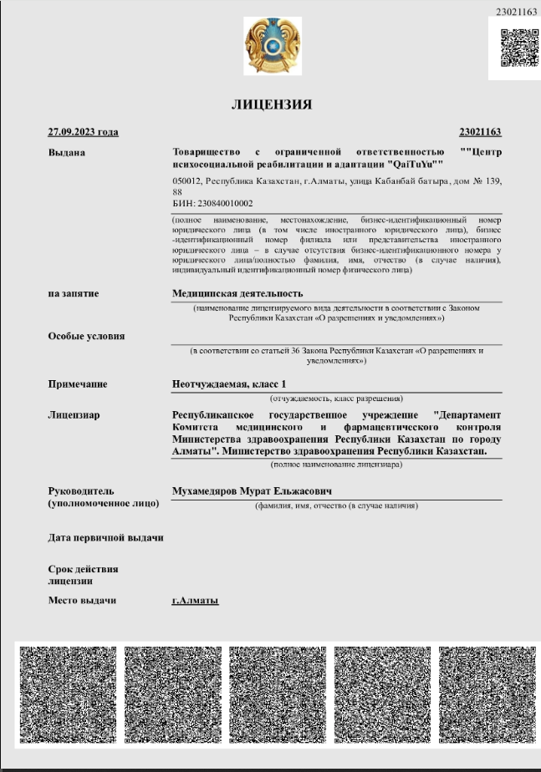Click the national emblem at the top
click(270, 46)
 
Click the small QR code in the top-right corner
click(514, 47)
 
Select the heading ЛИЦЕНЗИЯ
click(272, 105)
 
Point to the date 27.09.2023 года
click(84, 132)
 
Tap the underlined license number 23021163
click(480, 132)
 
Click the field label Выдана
click(67, 152)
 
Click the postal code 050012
click(186, 181)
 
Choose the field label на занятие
click(74, 293)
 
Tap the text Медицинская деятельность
click(237, 293)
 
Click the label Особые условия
click(86, 336)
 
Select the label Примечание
click(78, 384)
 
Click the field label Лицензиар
click(74, 414)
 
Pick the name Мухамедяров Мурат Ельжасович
click(252, 491)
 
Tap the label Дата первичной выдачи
click(105, 537)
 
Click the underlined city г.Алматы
click(195, 601)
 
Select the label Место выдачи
click(82, 601)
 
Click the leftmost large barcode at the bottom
click(68, 695)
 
